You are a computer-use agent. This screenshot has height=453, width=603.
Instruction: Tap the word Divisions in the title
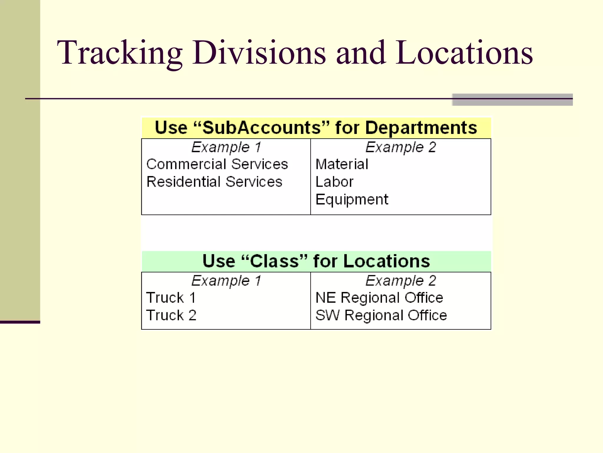click(259, 53)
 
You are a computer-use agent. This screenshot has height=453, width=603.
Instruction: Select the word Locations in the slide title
click(464, 53)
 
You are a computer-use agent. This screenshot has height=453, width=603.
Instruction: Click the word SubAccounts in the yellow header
click(261, 128)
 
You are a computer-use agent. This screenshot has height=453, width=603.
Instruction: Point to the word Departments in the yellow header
click(421, 128)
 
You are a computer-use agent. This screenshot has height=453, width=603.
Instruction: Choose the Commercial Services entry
click(217, 164)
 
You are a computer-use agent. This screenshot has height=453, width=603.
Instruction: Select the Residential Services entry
click(214, 182)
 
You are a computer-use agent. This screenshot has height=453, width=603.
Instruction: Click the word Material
click(342, 164)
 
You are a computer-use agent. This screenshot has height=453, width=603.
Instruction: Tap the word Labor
click(334, 182)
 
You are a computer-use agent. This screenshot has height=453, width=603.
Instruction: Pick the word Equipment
click(352, 200)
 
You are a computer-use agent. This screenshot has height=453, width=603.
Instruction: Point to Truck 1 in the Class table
click(171, 298)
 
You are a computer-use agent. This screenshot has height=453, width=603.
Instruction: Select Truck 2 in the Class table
click(171, 315)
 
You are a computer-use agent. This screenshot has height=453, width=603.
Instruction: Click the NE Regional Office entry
click(379, 298)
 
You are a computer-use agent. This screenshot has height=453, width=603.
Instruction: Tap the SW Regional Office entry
click(381, 315)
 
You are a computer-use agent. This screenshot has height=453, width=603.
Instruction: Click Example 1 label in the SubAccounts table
click(226, 147)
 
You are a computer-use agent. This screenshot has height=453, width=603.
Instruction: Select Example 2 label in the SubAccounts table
click(401, 147)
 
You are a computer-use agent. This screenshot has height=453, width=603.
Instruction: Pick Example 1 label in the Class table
click(226, 280)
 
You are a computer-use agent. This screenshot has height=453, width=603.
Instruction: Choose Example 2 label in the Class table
click(401, 280)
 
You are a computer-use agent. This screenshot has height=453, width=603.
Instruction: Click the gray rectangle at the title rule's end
click(512, 100)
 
